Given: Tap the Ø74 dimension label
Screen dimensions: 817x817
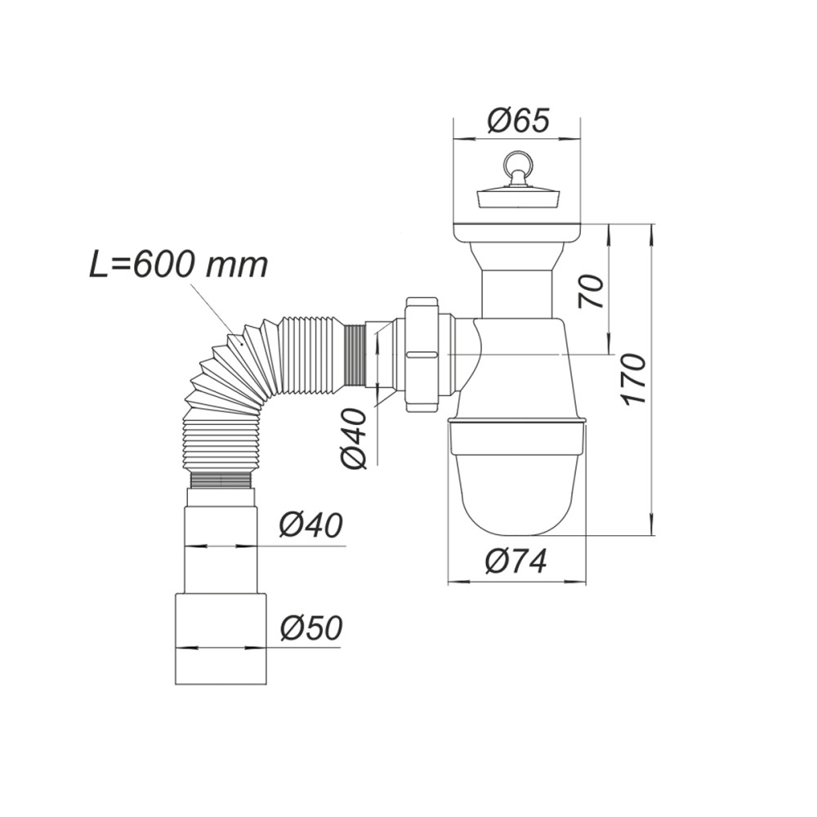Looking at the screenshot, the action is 516,562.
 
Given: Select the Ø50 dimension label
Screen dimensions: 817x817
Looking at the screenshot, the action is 311,628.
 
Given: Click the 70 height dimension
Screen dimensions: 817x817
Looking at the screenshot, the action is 591,292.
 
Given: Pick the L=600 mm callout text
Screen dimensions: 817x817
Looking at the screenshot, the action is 179,265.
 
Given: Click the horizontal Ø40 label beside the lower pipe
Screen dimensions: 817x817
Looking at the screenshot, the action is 311,525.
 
